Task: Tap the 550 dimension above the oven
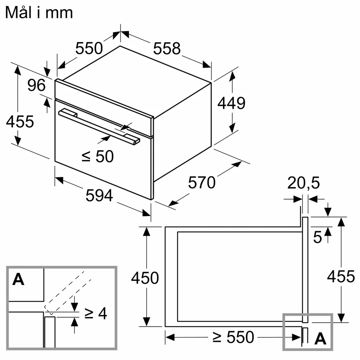tap(89, 48)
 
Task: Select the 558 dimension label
tap(167, 49)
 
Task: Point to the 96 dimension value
tap(36, 85)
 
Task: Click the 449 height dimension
tap(231, 103)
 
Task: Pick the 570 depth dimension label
tap(202, 183)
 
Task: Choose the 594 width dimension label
tap(99, 195)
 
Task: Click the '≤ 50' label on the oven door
tap(98, 156)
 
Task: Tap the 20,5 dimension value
tap(303, 183)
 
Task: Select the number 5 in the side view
tap(318, 237)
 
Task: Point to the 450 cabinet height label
tap(145, 278)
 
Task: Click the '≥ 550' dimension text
tap(233, 337)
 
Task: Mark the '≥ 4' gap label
tap(95, 313)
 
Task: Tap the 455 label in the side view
tap(341, 276)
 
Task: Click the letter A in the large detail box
tap(18, 279)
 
